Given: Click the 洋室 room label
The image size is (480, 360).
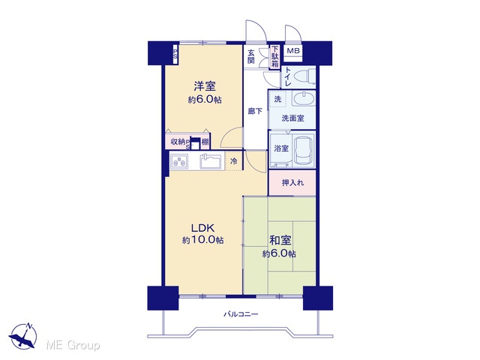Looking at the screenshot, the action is tap(205, 86).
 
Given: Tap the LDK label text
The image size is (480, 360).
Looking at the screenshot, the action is tap(202, 228).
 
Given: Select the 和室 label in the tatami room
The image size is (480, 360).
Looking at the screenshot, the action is tap(280, 241).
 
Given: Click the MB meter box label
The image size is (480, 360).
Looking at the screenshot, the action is tap(293, 51).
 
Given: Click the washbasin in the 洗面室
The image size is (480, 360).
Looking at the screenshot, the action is tap(303, 99).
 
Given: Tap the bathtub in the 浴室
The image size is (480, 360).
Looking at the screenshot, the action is tap(304, 150).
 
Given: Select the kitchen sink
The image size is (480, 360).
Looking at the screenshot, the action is tap(211, 161).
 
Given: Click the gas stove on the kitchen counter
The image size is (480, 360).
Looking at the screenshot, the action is tap(179, 162).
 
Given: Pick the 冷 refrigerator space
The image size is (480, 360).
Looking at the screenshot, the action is tap(233, 161).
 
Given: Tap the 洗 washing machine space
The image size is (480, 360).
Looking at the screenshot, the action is tap(277, 99).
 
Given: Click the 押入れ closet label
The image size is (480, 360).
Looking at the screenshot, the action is tap(293, 183).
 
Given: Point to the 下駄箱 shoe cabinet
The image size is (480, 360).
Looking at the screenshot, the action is tap(275, 57).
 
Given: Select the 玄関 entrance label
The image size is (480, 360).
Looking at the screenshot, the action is tap(251, 56).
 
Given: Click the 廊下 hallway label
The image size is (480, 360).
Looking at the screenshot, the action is tap(255, 111).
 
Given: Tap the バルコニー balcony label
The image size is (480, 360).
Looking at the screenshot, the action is tap(241, 314).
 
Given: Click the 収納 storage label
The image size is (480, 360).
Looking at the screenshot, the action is tap(178, 142).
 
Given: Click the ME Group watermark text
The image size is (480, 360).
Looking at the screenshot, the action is tap(73, 345).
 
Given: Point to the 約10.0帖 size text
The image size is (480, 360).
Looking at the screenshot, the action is tap(202, 240).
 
